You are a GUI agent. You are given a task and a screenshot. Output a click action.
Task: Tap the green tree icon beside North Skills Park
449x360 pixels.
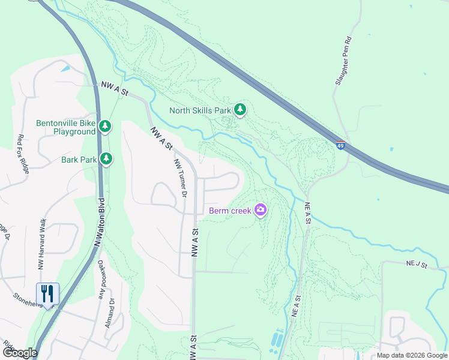[x=240, y=109]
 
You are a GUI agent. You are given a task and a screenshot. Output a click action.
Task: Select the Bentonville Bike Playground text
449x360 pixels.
[x=65, y=127]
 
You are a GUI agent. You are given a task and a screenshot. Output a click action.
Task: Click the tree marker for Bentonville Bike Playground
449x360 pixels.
[x=106, y=126]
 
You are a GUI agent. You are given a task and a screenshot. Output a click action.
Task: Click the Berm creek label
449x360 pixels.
[x=230, y=211]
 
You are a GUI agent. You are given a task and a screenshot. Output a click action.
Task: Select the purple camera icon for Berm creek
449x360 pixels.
[x=261, y=210]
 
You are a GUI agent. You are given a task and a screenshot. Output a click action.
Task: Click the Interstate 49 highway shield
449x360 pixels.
[x=340, y=146]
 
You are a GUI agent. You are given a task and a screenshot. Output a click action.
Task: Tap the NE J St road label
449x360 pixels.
[x=415, y=265]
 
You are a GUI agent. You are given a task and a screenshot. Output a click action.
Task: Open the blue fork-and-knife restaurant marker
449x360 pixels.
[x=47, y=293]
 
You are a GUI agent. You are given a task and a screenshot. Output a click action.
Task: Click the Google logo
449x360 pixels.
[x=20, y=352]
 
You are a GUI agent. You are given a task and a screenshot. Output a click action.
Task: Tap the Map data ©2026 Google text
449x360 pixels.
[x=411, y=355]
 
